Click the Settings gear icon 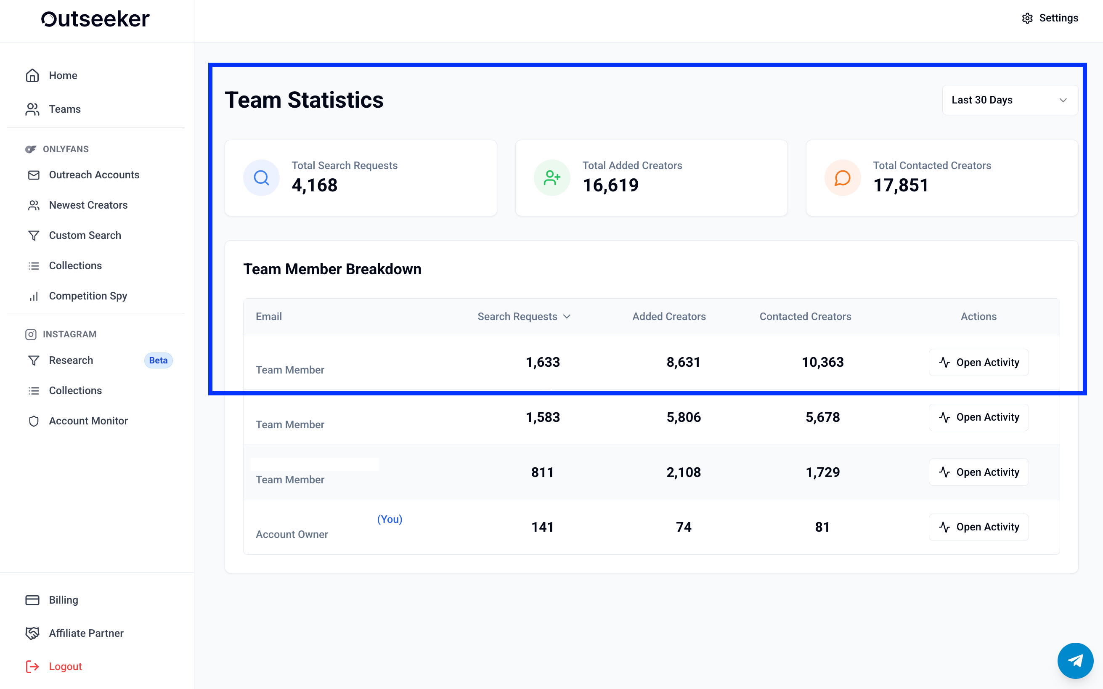1027,18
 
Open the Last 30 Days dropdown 1010,100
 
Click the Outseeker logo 95,19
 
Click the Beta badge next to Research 158,360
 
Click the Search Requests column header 524,317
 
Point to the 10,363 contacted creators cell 823,362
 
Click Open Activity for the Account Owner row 978,527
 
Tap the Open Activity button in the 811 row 978,472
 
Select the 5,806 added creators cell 684,417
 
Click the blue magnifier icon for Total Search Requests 261,178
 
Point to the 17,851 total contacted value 901,185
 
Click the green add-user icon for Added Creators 552,178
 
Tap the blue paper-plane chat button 1075,661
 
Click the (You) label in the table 390,519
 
